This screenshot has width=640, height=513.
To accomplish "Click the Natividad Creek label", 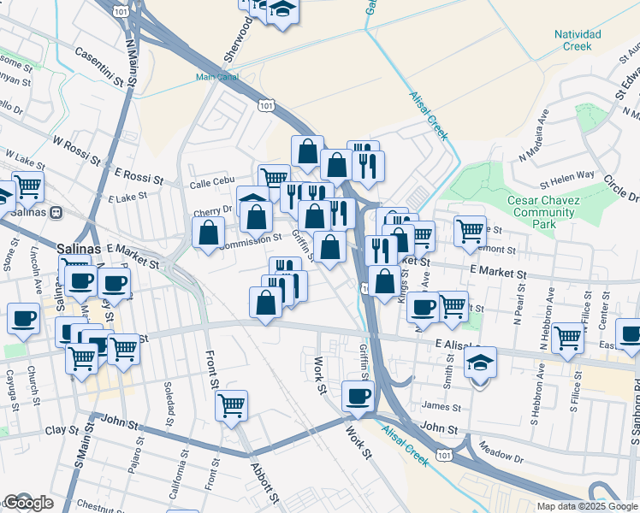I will pos(578,40).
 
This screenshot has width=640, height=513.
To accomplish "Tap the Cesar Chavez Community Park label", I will pos(542,212).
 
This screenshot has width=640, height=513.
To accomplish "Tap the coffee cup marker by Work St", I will pos(358,396).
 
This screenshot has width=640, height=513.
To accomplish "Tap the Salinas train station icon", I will pos(56,212).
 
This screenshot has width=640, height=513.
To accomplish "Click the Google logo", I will pos(28,503).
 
